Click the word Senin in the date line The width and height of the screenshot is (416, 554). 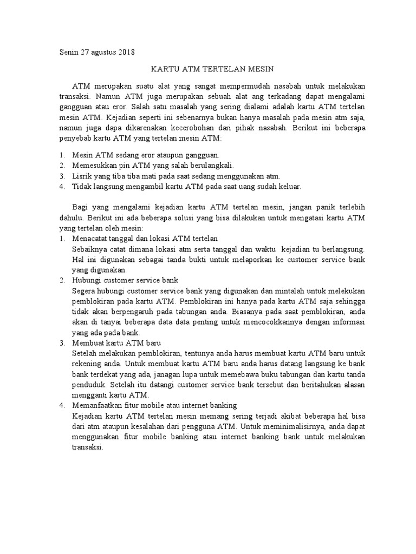[69, 52]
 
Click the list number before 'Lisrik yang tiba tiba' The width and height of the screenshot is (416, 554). [62, 176]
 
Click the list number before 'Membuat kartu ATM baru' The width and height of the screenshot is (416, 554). [62, 344]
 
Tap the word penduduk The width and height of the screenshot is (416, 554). [88, 386]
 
